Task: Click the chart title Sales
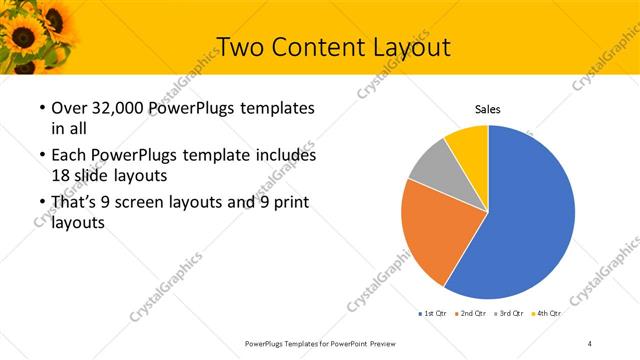coord(487,110)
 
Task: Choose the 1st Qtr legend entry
coord(432,314)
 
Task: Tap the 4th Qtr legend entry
coord(549,314)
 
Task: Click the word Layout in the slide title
coord(404,46)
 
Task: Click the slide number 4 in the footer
coord(589,343)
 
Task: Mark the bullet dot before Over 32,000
coord(40,108)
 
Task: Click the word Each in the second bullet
coord(68,156)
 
